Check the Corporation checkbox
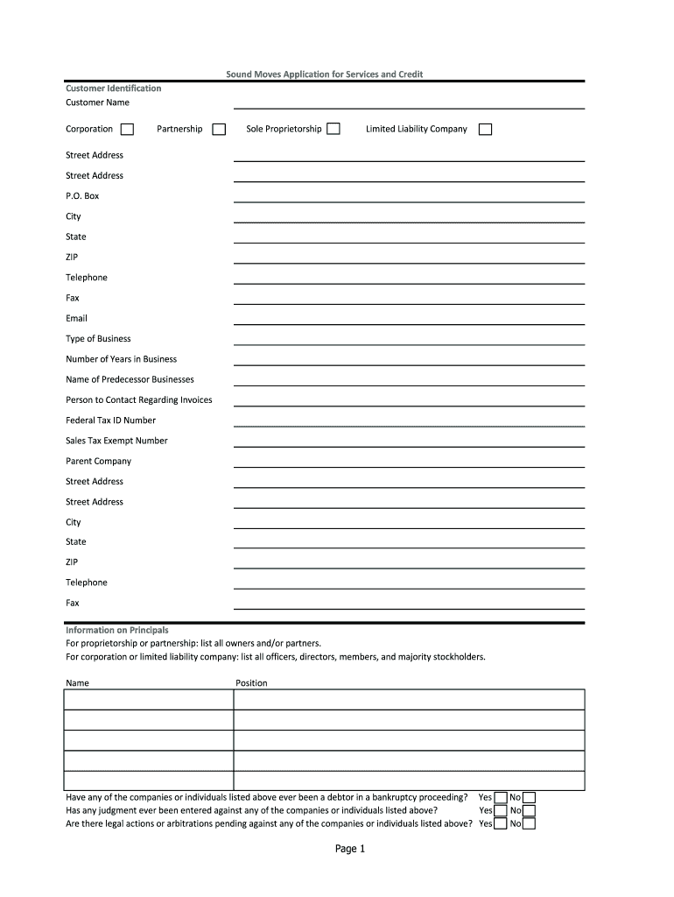(127, 130)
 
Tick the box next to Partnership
(219, 130)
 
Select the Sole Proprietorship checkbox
(333, 130)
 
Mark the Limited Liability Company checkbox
(485, 130)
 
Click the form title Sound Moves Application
(324, 74)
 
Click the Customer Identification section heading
(113, 88)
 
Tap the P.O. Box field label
(82, 196)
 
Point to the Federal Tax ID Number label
(110, 420)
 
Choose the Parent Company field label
(98, 462)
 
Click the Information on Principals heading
(117, 631)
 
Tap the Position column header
(251, 683)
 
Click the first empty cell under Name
(148, 700)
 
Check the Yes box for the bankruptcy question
(501, 798)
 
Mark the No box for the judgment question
(529, 811)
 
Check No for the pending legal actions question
(529, 823)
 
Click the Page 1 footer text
(349, 850)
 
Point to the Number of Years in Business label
(121, 359)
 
